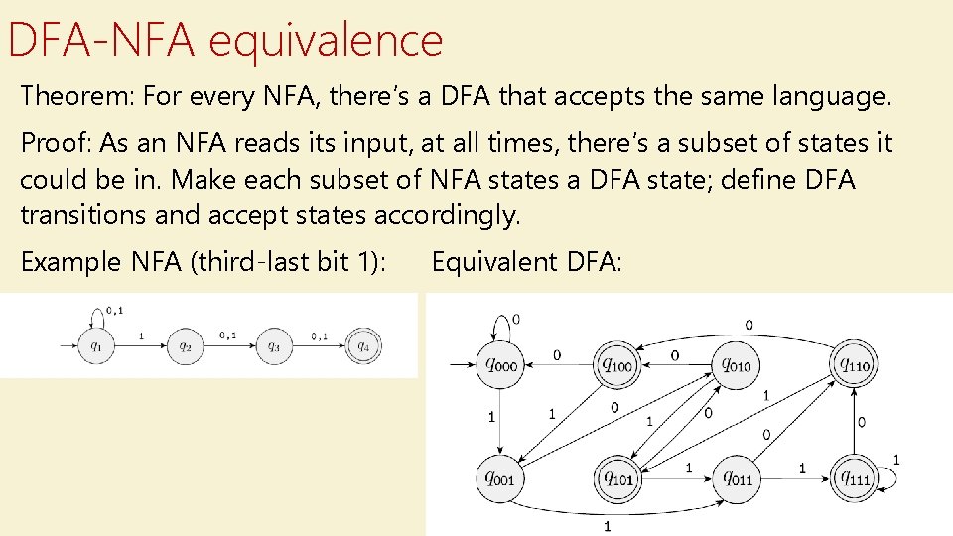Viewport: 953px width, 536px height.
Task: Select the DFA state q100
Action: click(x=615, y=366)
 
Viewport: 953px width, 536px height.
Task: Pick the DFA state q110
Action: click(x=856, y=366)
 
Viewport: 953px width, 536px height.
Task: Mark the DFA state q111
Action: click(x=856, y=479)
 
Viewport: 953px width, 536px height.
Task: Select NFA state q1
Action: click(x=97, y=346)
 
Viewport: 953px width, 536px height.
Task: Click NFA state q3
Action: click(x=274, y=346)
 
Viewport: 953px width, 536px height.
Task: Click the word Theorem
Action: click(x=75, y=97)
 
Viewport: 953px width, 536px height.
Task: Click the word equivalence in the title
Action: click(x=327, y=40)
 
